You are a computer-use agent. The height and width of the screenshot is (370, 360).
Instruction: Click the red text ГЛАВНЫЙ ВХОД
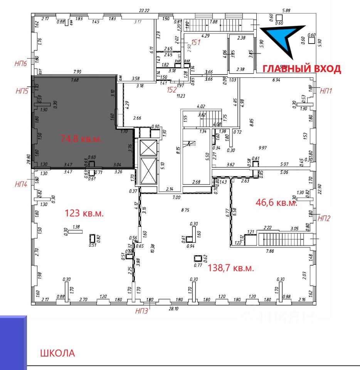(301, 69)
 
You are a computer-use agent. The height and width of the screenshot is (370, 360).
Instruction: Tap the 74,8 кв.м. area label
(81, 139)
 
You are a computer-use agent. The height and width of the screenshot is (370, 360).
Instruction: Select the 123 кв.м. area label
(84, 213)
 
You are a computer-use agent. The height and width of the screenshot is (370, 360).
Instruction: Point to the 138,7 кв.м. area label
(231, 268)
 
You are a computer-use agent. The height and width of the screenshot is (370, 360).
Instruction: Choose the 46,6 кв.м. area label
(276, 203)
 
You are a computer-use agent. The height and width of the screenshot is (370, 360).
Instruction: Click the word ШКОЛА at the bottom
(57, 353)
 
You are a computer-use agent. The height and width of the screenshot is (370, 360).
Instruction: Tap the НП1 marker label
(326, 91)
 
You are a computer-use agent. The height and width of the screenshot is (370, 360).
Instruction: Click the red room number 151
(195, 42)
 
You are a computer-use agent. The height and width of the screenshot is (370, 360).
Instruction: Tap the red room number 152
(172, 90)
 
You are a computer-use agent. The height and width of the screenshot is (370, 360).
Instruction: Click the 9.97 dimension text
(263, 147)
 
